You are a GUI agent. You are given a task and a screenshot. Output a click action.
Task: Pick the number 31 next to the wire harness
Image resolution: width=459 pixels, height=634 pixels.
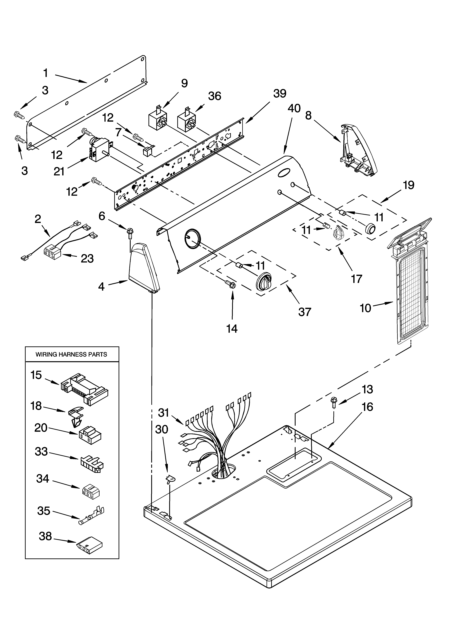(x=164, y=412)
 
